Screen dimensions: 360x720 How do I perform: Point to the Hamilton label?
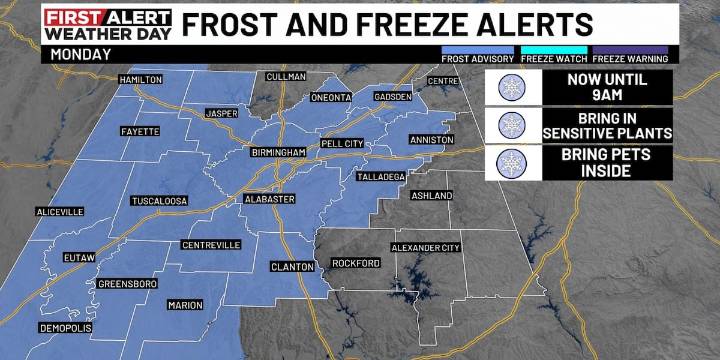(140, 79)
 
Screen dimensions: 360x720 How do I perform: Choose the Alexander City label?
(426, 246)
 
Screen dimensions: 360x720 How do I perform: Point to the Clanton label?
(294, 267)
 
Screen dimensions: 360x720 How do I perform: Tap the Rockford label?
(356, 263)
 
